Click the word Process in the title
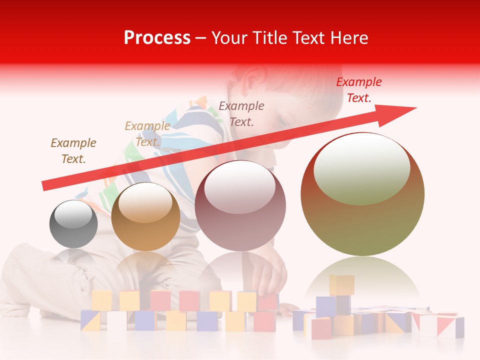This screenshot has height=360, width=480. (157, 38)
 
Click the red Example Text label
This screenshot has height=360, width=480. (359, 90)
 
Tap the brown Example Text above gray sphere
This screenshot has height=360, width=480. (73, 151)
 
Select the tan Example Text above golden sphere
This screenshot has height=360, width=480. (147, 134)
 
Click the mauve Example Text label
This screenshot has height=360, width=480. (241, 113)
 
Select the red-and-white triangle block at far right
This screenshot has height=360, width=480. (450, 326)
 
